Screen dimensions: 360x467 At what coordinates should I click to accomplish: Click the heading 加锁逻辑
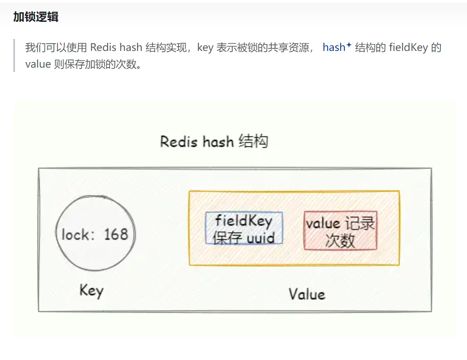[x=36, y=17]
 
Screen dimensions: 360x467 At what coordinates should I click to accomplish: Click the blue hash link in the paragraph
[x=334, y=48]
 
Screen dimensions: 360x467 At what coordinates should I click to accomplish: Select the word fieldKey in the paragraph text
[x=408, y=48]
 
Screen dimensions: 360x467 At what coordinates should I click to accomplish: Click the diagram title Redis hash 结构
[x=214, y=141]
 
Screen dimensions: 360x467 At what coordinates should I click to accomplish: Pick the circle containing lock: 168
[x=95, y=234]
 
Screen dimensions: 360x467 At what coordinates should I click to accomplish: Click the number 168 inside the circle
[x=116, y=234]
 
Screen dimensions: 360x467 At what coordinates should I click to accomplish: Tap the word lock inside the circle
[x=75, y=235]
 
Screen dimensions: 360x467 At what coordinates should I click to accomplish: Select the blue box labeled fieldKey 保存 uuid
[x=244, y=228]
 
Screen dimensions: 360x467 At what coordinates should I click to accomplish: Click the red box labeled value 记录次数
[x=340, y=231]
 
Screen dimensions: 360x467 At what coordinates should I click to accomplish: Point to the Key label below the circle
[x=91, y=291]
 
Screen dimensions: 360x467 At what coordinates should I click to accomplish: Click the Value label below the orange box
[x=306, y=294]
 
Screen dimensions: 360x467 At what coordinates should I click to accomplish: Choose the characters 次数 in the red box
[x=340, y=241]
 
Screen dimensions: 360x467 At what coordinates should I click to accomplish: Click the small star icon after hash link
[x=349, y=45]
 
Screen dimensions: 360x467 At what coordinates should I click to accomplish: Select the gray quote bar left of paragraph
[x=15, y=56]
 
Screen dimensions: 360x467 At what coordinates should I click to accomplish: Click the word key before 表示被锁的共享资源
[x=205, y=48]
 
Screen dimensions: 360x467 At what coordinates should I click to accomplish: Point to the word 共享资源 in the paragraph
[x=292, y=48]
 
